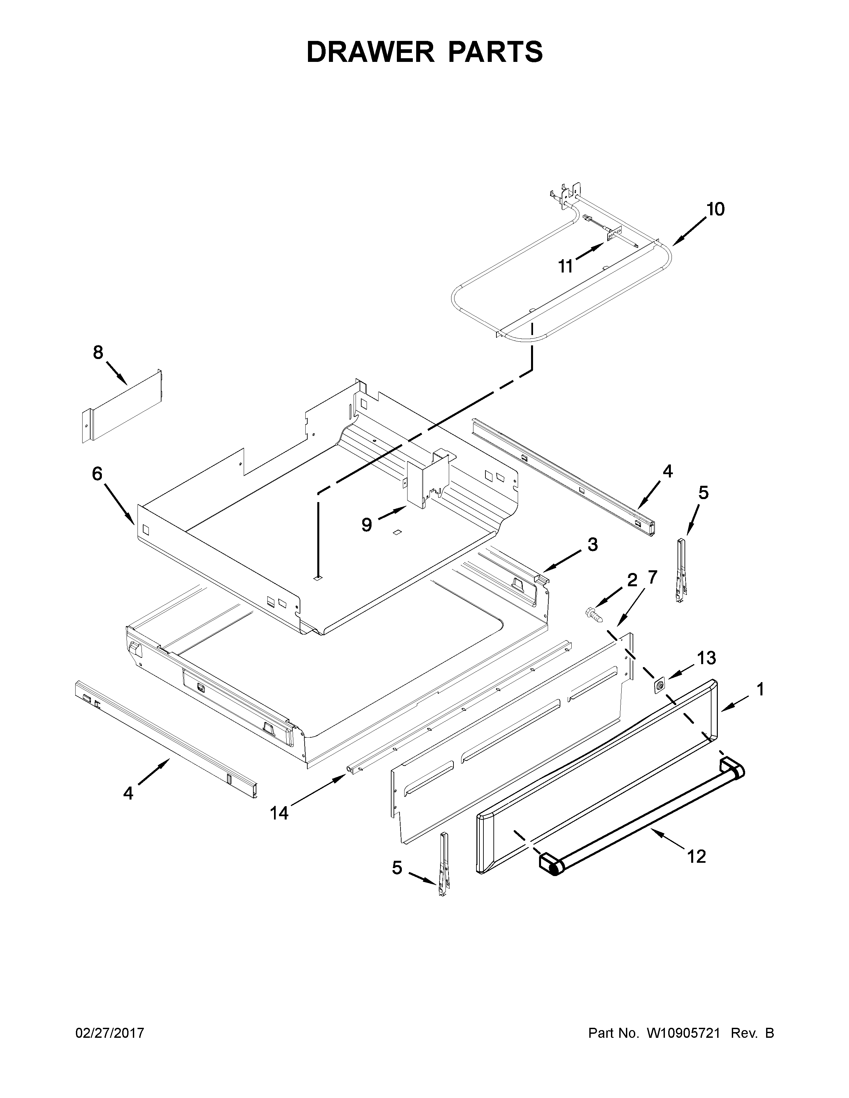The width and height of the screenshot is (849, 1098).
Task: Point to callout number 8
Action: click(98, 352)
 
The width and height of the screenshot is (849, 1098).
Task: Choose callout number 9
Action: click(367, 525)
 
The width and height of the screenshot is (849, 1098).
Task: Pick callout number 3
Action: click(593, 544)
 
